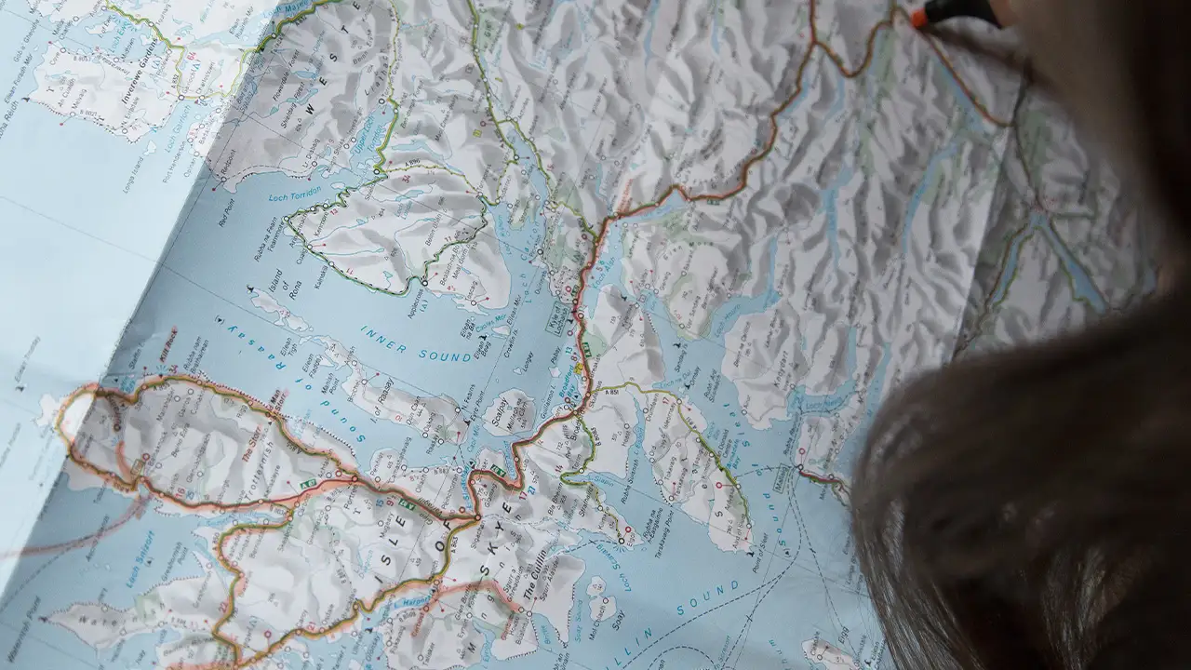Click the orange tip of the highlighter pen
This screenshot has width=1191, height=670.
[921, 18]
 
